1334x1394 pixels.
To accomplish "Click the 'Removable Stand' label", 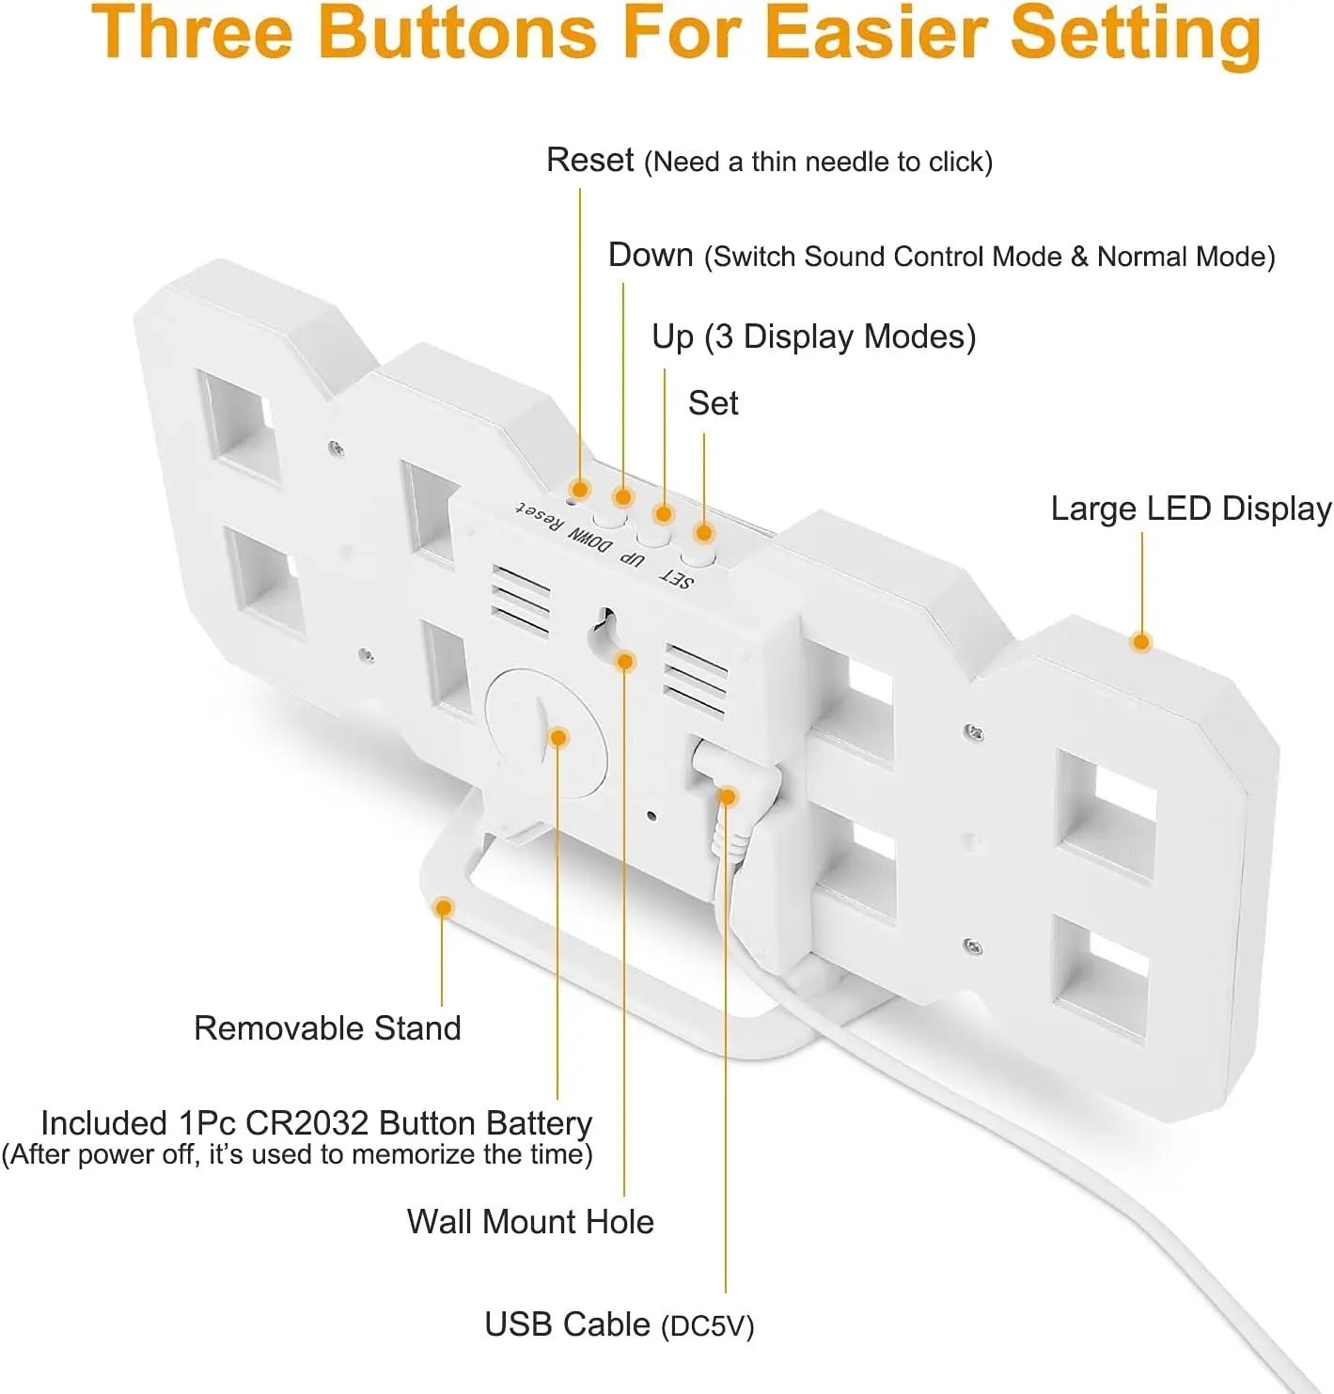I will (327, 1027).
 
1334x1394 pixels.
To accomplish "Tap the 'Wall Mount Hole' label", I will (530, 1221).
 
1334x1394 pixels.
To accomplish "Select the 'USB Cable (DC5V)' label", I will (619, 1324).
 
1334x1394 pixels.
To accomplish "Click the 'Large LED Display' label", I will (1190, 509).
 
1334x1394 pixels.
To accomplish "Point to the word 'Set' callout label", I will (713, 403).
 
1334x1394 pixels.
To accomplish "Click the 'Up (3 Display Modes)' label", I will (813, 337).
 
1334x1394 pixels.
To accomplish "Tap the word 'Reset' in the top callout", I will (589, 160).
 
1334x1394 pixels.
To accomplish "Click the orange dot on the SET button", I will (703, 533).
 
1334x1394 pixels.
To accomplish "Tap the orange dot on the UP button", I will (664, 513).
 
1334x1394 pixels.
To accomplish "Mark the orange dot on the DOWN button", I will (622, 496).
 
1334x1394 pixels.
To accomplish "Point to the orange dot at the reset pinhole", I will (580, 489).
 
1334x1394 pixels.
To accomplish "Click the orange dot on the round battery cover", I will (558, 737).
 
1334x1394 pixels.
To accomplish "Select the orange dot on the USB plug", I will (728, 797).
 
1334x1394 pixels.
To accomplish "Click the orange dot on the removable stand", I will (444, 907).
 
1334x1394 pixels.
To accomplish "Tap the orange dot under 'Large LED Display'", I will (1141, 642).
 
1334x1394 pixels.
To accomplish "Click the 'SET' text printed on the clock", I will (678, 578).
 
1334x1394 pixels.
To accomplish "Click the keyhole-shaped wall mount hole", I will (603, 630).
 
